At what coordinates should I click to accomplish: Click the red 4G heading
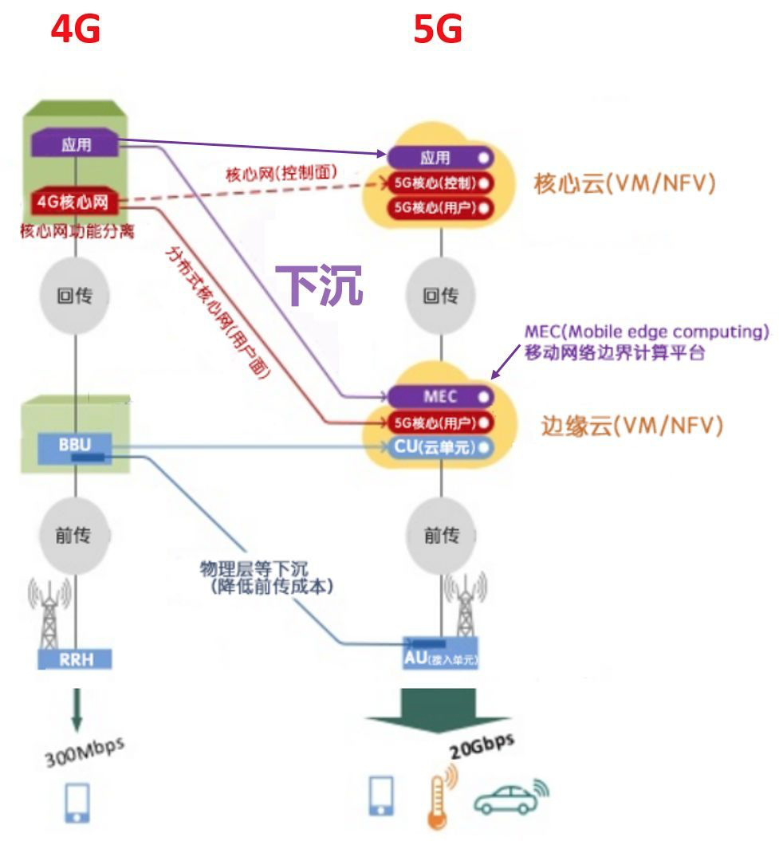click(76, 29)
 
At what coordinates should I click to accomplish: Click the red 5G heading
click(438, 29)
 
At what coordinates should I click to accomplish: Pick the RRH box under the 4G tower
click(75, 658)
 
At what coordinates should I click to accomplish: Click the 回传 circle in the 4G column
click(74, 297)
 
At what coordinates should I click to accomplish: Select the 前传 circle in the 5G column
click(441, 535)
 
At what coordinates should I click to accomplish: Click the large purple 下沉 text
click(319, 285)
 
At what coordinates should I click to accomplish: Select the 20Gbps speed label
click(481, 747)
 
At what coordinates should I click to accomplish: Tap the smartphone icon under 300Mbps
click(77, 801)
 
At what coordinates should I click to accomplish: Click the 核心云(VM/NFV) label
click(624, 183)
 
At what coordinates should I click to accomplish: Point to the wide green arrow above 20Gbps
click(438, 708)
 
